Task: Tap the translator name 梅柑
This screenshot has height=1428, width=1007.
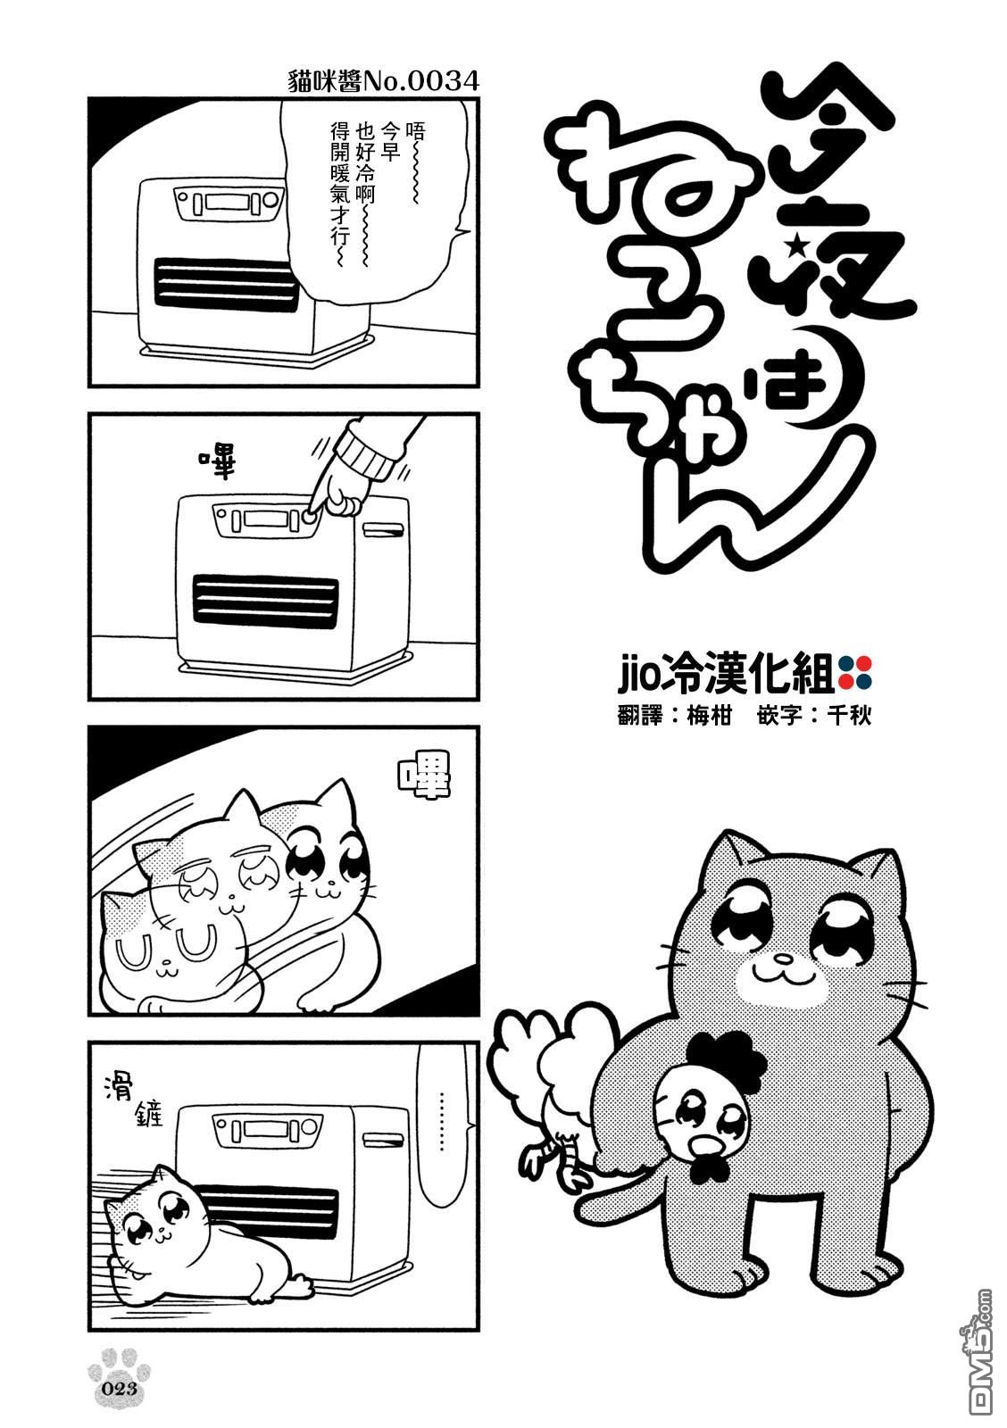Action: [x=708, y=717]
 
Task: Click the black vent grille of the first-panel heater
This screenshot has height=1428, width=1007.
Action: [x=226, y=285]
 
